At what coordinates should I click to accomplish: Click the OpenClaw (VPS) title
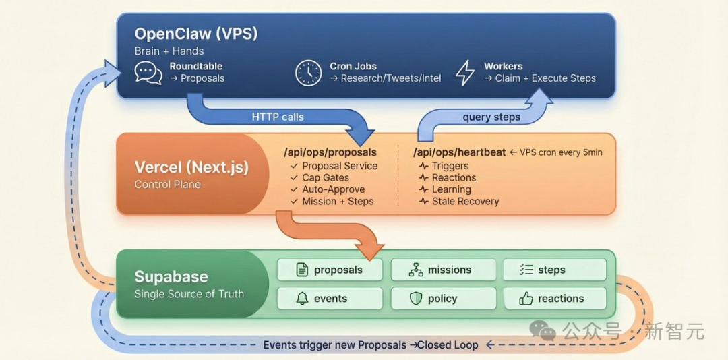pos(195,34)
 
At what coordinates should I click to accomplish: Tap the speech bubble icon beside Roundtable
pos(148,72)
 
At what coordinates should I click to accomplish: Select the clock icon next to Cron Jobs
pos(308,72)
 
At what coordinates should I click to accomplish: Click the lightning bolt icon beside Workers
pos(465,72)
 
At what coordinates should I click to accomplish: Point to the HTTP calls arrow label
pos(278,117)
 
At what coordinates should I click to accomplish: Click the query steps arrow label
pos(491,117)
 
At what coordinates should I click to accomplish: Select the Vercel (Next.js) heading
pos(191,167)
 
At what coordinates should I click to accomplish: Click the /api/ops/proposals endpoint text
pos(330,152)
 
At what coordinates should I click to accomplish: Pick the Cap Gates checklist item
pos(326,178)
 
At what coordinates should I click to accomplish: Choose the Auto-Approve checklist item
pos(333,189)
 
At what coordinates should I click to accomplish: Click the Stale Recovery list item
pos(466,201)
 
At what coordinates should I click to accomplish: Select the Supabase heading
pos(171,276)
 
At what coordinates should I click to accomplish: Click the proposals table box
pos(330,270)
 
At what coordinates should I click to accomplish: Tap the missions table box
pos(443,270)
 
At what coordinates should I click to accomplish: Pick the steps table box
pos(554,270)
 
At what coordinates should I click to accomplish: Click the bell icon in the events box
pos(302,299)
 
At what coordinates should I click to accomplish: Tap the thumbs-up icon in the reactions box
pos(526,299)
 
